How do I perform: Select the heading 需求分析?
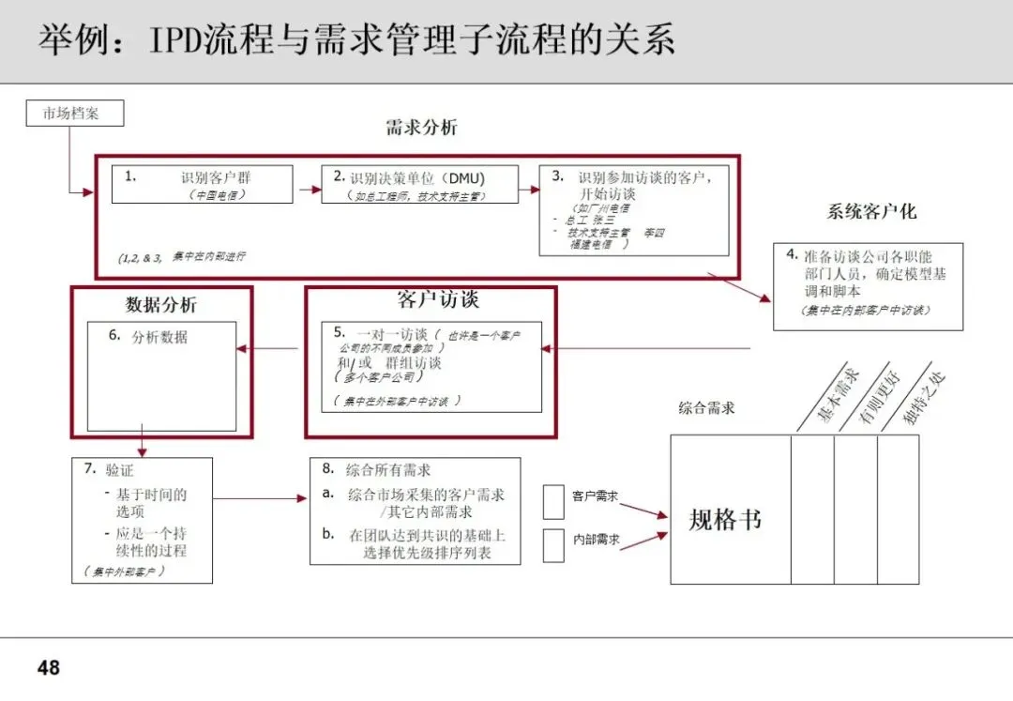point(421,129)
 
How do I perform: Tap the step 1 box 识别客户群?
point(202,184)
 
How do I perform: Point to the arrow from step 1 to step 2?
point(310,188)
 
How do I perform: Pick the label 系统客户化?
point(871,211)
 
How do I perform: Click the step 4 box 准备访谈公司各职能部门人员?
point(868,285)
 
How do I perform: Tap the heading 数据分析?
point(161,305)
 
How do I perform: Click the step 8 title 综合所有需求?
point(388,469)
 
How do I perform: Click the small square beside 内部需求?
point(553,545)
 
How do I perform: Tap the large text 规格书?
point(725,520)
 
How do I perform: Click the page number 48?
point(48,667)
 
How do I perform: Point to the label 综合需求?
point(706,407)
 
